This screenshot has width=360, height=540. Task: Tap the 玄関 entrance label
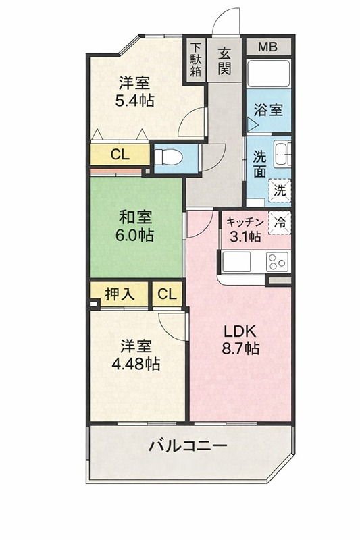tap(225, 60)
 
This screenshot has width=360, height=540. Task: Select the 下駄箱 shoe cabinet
tap(195, 60)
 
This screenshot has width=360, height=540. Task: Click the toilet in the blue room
tap(169, 157)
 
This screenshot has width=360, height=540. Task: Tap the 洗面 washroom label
tap(259, 163)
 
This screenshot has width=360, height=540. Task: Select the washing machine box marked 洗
tap(280, 190)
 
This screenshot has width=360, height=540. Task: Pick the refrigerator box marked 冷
tap(280, 221)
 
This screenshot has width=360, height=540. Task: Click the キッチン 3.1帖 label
tap(244, 230)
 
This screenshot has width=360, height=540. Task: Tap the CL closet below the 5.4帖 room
tap(120, 155)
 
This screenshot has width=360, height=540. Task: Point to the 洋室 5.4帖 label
tap(136, 92)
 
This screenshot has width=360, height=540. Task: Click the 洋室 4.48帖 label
tap(136, 355)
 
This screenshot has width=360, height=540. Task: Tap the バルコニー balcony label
tap(188, 446)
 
